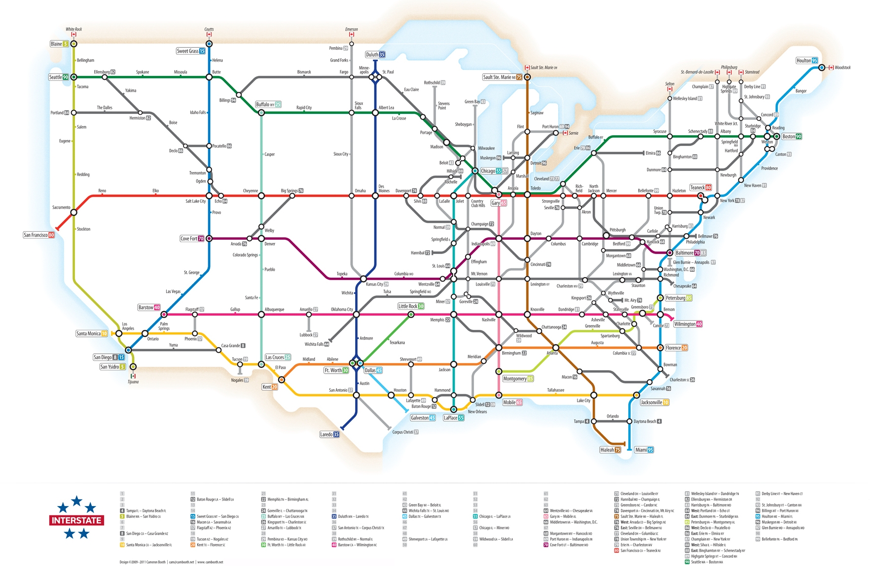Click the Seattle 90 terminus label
click(x=58, y=77)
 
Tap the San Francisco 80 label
click(x=38, y=235)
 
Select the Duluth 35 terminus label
click(x=375, y=55)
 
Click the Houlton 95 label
click(x=807, y=61)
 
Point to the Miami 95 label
click(x=644, y=450)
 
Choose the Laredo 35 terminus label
click(x=329, y=434)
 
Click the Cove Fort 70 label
click(x=192, y=239)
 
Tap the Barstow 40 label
click(x=149, y=308)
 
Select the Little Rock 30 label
click(x=411, y=306)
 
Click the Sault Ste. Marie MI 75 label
click(x=502, y=77)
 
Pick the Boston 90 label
click(x=792, y=137)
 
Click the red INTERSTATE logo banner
click(x=76, y=520)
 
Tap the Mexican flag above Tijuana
click(x=133, y=376)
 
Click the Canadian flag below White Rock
click(x=74, y=35)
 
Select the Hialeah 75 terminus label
click(x=610, y=450)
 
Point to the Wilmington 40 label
click(x=688, y=324)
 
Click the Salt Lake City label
click(x=195, y=201)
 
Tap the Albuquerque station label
click(x=274, y=310)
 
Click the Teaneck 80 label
click(x=700, y=187)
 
